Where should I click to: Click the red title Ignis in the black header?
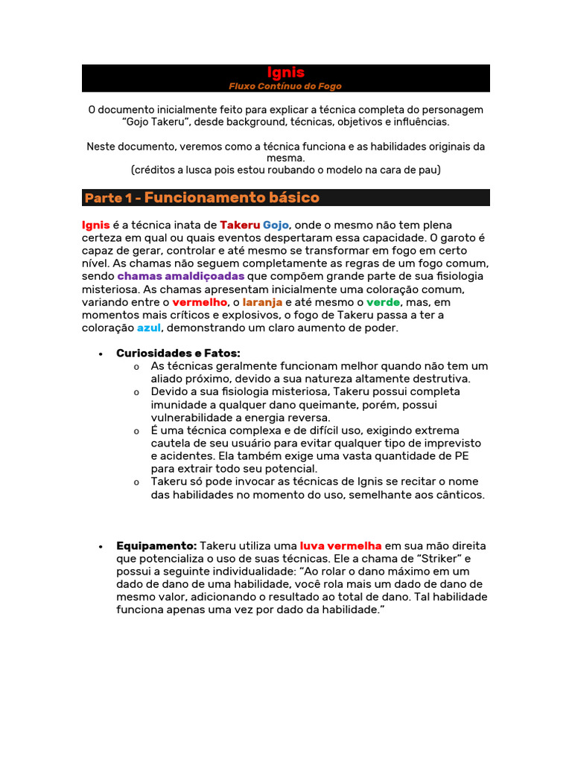tap(285, 72)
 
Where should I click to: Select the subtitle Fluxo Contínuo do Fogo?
tap(285, 86)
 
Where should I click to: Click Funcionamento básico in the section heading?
tap(232, 197)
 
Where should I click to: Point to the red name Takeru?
tap(240, 225)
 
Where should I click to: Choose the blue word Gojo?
tap(276, 225)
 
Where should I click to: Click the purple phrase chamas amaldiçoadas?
tap(180, 276)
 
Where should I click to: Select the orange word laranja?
tap(262, 302)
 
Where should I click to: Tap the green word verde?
tap(383, 302)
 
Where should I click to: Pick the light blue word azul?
tap(149, 327)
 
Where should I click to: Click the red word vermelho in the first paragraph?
tap(200, 302)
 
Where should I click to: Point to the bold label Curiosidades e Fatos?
tap(178, 353)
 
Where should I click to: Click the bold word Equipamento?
tap(156, 545)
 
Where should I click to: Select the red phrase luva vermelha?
tap(340, 545)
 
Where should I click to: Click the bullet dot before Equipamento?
tap(100, 546)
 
